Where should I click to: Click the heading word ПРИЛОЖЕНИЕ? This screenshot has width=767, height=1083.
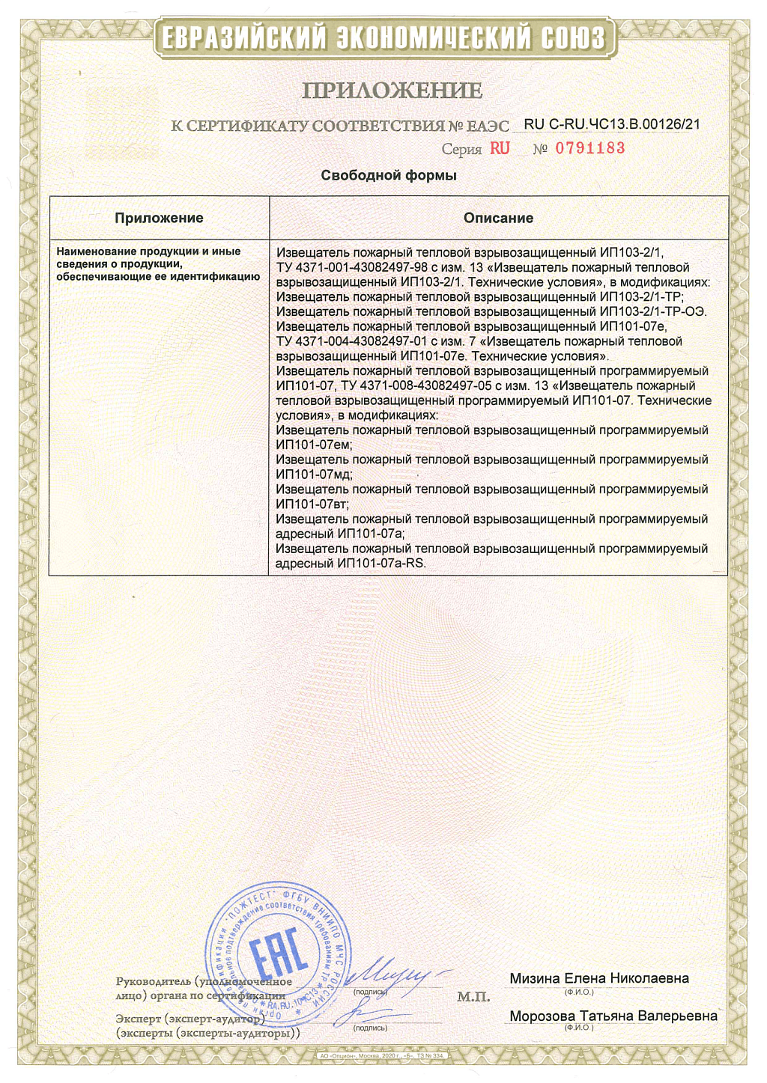point(392,91)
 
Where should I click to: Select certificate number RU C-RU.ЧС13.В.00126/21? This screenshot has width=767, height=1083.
point(612,124)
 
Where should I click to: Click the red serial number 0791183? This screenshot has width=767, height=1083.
point(589,148)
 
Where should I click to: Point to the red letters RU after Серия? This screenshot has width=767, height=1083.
point(500,148)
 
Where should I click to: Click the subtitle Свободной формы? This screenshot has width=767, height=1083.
point(388,175)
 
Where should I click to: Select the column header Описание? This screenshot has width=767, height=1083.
point(498,218)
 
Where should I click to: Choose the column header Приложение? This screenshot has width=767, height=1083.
point(159,218)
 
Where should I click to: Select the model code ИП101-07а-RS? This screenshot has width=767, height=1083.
point(381,563)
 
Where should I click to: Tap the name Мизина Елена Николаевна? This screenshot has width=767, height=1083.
point(599,978)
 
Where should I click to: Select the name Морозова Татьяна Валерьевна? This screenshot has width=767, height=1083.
point(613,1016)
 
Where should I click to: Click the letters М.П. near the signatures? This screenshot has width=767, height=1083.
point(473,997)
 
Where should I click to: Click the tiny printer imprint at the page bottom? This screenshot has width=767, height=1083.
point(382,1056)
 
